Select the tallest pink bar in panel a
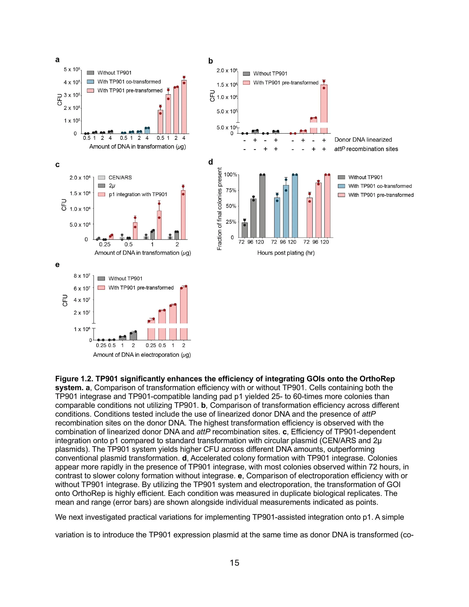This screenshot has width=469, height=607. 184,107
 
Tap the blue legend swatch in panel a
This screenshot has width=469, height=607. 91,82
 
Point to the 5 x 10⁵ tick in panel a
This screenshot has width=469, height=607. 72,69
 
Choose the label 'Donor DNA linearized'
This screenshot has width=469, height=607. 363,140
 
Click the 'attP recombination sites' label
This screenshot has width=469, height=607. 366,149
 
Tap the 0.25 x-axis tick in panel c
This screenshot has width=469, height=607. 105,244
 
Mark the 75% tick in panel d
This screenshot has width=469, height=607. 231,190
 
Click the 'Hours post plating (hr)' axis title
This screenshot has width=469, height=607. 286,253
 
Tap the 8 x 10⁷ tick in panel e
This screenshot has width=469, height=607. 82,276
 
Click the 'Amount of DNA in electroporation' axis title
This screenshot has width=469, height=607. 142,355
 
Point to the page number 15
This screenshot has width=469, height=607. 234,563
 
